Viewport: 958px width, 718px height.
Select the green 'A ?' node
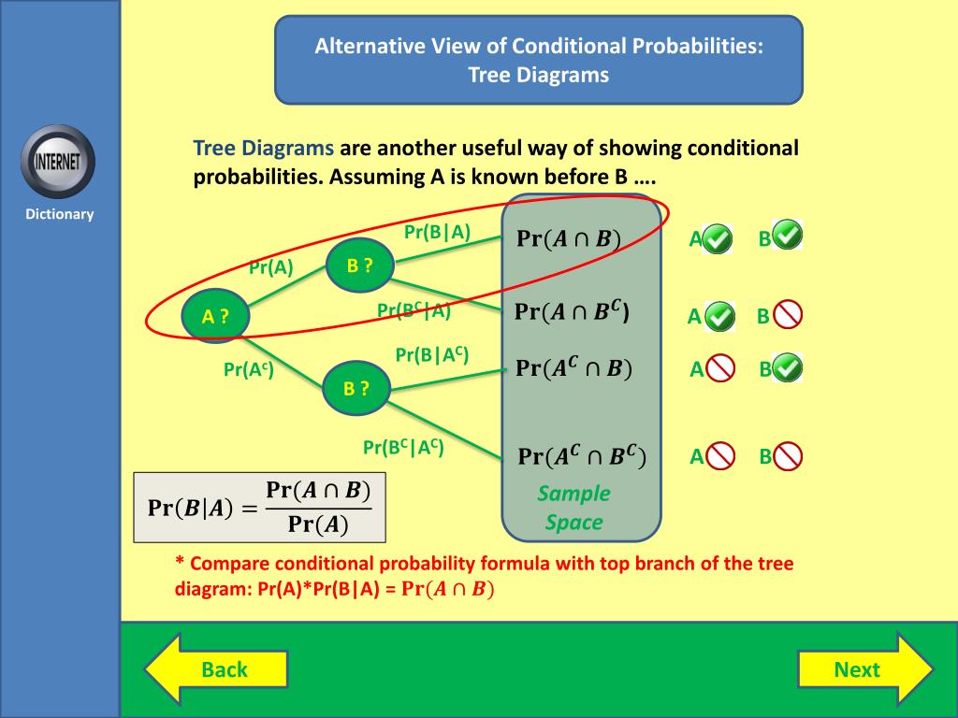click(x=215, y=317)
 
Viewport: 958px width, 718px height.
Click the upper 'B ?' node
click(x=359, y=266)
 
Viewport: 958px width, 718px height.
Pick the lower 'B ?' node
click(x=356, y=389)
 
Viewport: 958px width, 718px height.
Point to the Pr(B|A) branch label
click(x=437, y=233)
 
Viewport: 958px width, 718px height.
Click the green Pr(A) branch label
click(x=271, y=268)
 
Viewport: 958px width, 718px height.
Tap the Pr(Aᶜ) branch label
click(x=249, y=369)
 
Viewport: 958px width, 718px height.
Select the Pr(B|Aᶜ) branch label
click(x=431, y=354)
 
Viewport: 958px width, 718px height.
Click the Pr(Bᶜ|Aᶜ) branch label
click(x=403, y=448)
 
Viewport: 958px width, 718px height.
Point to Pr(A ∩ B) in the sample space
click(x=569, y=238)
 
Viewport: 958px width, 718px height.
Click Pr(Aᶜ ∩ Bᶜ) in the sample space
click(x=582, y=456)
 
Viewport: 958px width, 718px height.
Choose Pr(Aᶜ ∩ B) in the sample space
click(x=573, y=367)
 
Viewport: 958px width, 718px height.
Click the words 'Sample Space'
click(x=574, y=508)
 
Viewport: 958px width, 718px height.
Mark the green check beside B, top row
click(x=788, y=236)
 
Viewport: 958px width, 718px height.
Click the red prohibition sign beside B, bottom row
click(x=788, y=456)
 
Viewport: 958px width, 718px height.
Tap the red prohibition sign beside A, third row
click(x=720, y=369)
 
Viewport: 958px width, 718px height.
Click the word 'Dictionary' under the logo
click(x=60, y=214)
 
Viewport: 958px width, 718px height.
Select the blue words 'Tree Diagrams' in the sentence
click(x=263, y=148)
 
